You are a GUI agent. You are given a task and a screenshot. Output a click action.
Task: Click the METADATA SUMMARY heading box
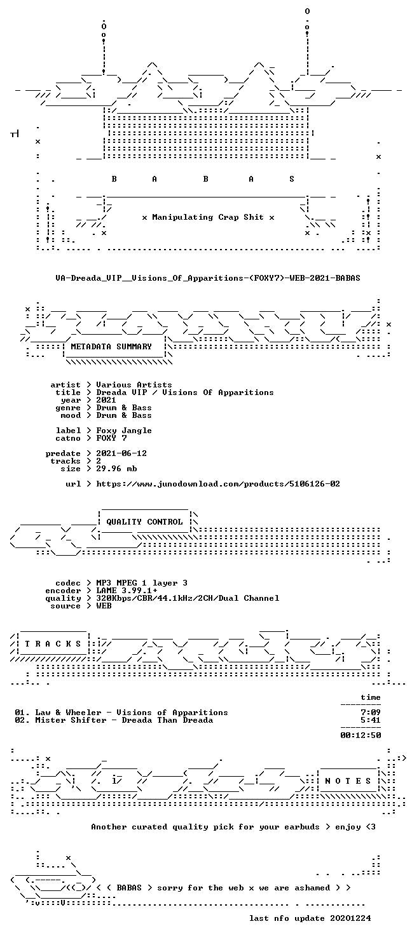coord(111,347)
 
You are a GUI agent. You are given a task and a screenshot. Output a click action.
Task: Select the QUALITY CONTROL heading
coord(144,522)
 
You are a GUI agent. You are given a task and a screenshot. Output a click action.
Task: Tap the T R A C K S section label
coord(53,644)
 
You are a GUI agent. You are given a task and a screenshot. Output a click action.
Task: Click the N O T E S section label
coord(348,781)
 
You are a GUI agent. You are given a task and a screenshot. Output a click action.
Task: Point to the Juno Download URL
coord(218,484)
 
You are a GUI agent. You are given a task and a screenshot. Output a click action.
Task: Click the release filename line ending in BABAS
coord(208,278)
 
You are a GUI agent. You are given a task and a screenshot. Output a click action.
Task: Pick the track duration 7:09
coord(371,713)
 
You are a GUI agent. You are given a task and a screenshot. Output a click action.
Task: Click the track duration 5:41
coord(371,720)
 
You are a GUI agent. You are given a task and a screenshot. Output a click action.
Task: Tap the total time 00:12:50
coord(361,735)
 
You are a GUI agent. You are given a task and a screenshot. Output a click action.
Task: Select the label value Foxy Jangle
coord(124,431)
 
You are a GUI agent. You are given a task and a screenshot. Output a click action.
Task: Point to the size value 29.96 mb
coord(116,469)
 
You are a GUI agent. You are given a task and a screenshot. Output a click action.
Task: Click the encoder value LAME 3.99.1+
coord(127,591)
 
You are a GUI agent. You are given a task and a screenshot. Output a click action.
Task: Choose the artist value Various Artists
coord(134,385)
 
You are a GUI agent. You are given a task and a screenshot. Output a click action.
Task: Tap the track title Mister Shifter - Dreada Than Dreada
coord(124,720)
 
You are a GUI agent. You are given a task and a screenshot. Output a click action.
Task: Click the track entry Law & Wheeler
coord(68,713)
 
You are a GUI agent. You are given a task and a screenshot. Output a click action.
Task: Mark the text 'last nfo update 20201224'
coord(310,918)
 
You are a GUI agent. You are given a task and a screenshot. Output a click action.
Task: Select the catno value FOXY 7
coord(111,438)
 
